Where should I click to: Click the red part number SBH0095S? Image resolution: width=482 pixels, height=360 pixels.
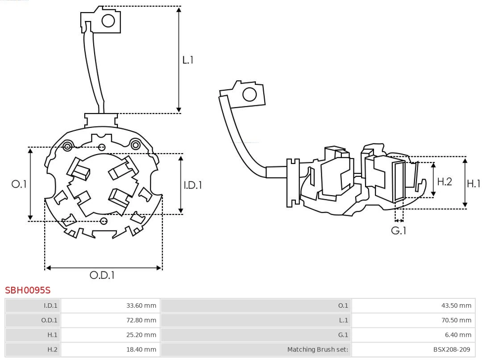[28, 290]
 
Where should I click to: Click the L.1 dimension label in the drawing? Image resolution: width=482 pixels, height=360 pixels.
[188, 59]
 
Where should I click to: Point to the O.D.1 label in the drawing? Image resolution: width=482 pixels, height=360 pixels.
[102, 275]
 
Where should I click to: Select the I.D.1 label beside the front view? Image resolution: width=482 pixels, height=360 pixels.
[193, 184]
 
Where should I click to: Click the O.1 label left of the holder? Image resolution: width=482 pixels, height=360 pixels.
[19, 184]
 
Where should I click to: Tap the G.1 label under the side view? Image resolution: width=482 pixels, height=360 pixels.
[399, 230]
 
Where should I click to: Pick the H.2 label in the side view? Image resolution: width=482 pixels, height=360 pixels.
[445, 181]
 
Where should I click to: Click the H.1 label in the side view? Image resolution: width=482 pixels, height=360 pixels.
[474, 183]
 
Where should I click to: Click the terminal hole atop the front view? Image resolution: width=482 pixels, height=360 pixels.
[108, 20]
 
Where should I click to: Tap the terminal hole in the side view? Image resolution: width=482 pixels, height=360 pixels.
[249, 95]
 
